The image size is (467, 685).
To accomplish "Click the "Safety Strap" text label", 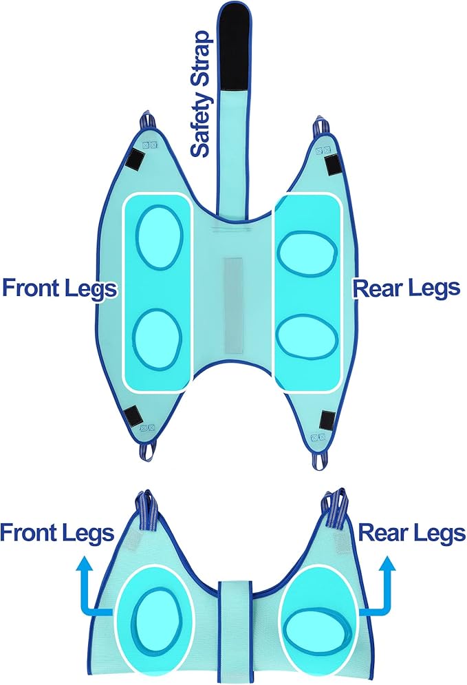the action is click(x=202, y=94).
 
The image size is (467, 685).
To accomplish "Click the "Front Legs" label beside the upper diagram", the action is click(x=60, y=288).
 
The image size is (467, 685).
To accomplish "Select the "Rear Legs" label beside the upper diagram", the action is click(x=406, y=288).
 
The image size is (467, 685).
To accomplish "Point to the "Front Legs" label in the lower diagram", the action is click(x=57, y=533).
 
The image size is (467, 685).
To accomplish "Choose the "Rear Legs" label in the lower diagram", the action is click(x=411, y=533).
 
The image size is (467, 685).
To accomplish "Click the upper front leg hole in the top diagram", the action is click(x=159, y=237).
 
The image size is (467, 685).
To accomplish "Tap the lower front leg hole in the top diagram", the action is click(x=157, y=339).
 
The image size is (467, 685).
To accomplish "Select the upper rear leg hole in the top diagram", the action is click(x=307, y=254).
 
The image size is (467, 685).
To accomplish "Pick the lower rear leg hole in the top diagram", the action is click(x=307, y=337).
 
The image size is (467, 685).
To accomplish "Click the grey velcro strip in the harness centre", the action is click(x=234, y=306).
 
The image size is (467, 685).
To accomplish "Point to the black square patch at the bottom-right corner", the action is click(x=328, y=419).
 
